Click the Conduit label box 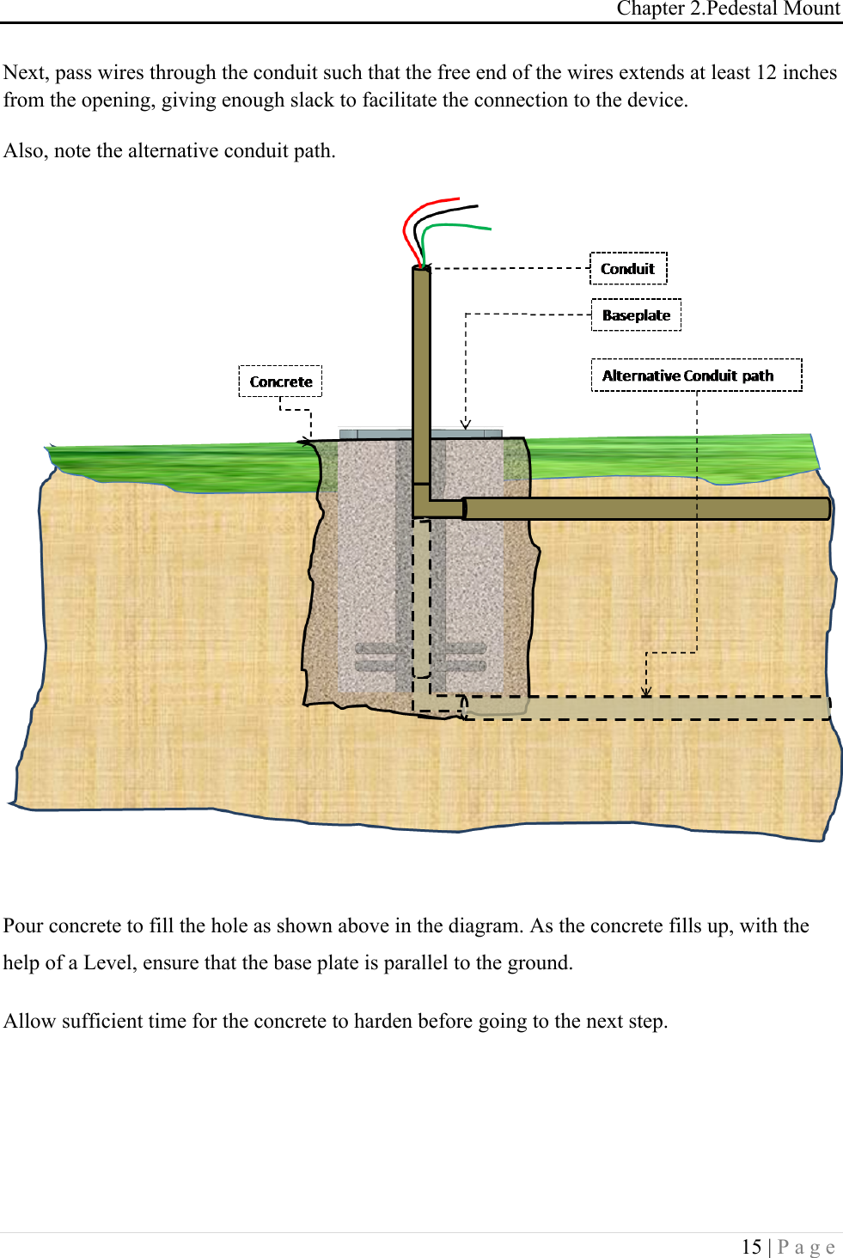click(628, 268)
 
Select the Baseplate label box click(636, 315)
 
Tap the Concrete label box click(280, 382)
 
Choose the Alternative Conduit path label click(696, 376)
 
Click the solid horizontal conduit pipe click(644, 509)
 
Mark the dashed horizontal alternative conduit click(644, 708)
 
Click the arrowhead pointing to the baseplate click(466, 424)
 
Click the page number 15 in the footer click(751, 1247)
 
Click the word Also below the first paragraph click(23, 151)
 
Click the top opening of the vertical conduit click(421, 269)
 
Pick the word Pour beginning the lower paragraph click(23, 925)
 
